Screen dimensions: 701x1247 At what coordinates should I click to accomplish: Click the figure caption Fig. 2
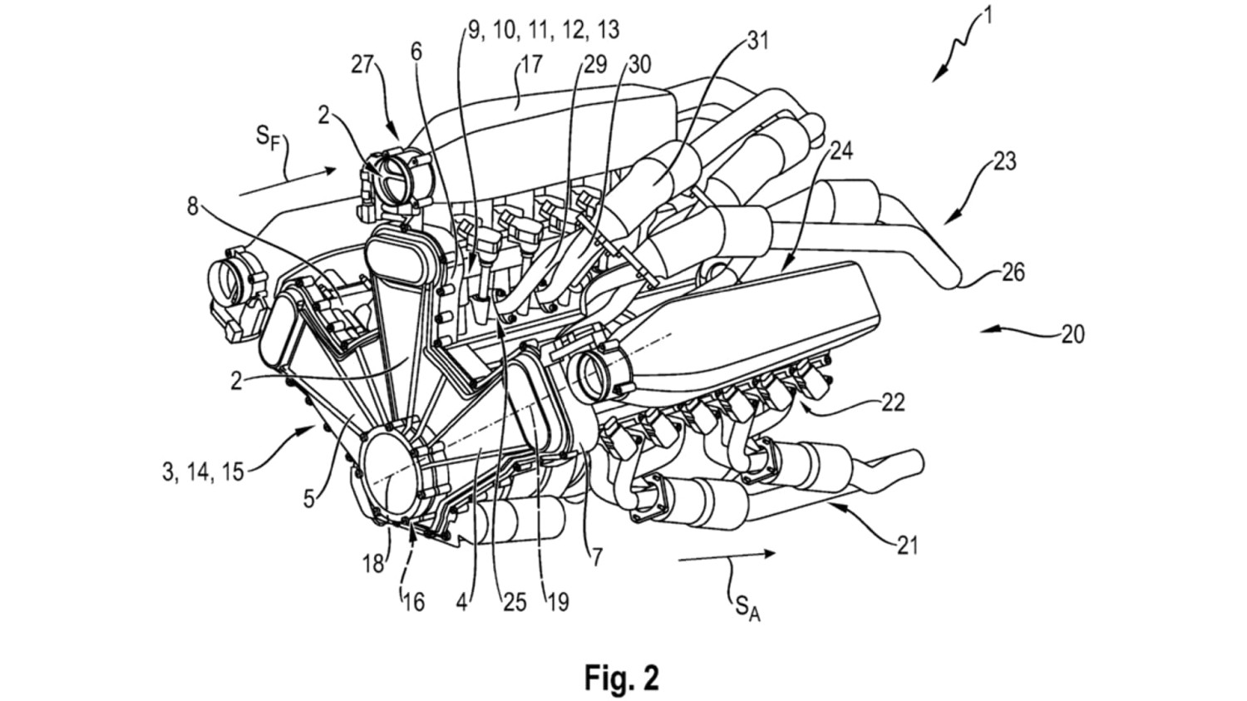[622, 677]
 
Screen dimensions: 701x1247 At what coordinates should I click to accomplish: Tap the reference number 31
[757, 40]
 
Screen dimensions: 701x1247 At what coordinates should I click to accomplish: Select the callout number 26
[1013, 272]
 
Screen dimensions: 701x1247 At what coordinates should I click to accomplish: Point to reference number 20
[1072, 334]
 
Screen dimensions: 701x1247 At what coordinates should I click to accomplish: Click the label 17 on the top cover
[531, 64]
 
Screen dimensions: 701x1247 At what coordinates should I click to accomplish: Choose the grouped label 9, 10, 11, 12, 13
[543, 30]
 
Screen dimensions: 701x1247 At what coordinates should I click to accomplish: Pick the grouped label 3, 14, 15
[203, 471]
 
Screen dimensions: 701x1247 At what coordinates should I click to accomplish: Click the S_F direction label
[268, 137]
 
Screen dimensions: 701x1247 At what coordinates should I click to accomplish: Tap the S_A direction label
[747, 605]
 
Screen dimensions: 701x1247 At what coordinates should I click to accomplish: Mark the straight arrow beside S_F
[287, 181]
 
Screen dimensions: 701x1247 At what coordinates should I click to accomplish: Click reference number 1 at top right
[987, 16]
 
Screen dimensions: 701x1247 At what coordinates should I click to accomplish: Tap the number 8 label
[193, 205]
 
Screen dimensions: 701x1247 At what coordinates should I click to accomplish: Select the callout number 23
[1004, 160]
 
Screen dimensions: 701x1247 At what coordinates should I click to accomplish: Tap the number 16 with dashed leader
[412, 600]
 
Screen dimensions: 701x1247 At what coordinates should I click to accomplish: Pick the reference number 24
[840, 150]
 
